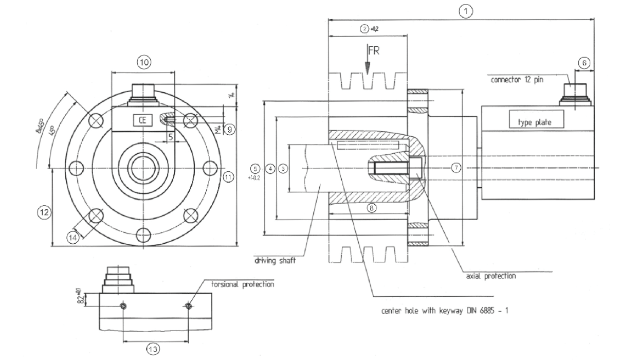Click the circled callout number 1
coord(466,10)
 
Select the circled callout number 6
coord(583,62)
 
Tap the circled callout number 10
coord(143,62)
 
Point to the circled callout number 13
coord(153,349)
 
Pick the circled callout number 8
coord(371,208)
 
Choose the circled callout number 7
coord(455,167)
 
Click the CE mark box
coord(141,120)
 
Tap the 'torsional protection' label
coord(242,284)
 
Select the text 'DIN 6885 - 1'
coord(486,311)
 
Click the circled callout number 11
coord(229,177)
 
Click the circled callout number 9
coord(230,130)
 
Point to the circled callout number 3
coord(283,168)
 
